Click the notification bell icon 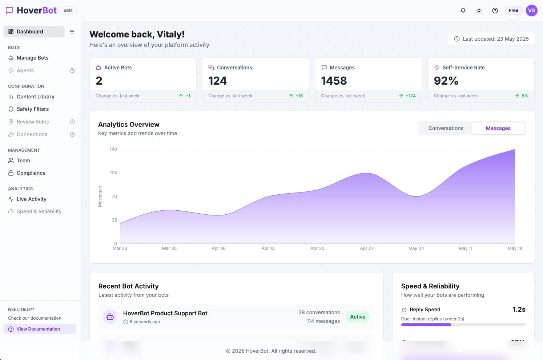tap(463, 11)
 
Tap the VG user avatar tap(531, 11)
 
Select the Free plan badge tap(513, 11)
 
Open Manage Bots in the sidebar tap(32, 58)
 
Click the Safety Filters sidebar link tap(32, 109)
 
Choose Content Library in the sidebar tap(35, 97)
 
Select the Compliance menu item tap(31, 173)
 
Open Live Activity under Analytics tap(31, 199)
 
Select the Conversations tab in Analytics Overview tap(446, 128)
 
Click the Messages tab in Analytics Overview tap(498, 128)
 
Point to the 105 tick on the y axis tap(113, 173)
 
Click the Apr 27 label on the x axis tap(366, 248)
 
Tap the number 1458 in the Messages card tap(334, 81)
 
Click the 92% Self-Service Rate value tap(446, 81)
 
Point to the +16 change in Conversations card tap(299, 96)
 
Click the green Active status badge tap(358, 317)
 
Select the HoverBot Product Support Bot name tap(165, 313)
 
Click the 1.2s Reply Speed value tap(519, 310)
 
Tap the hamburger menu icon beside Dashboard tap(72, 32)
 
